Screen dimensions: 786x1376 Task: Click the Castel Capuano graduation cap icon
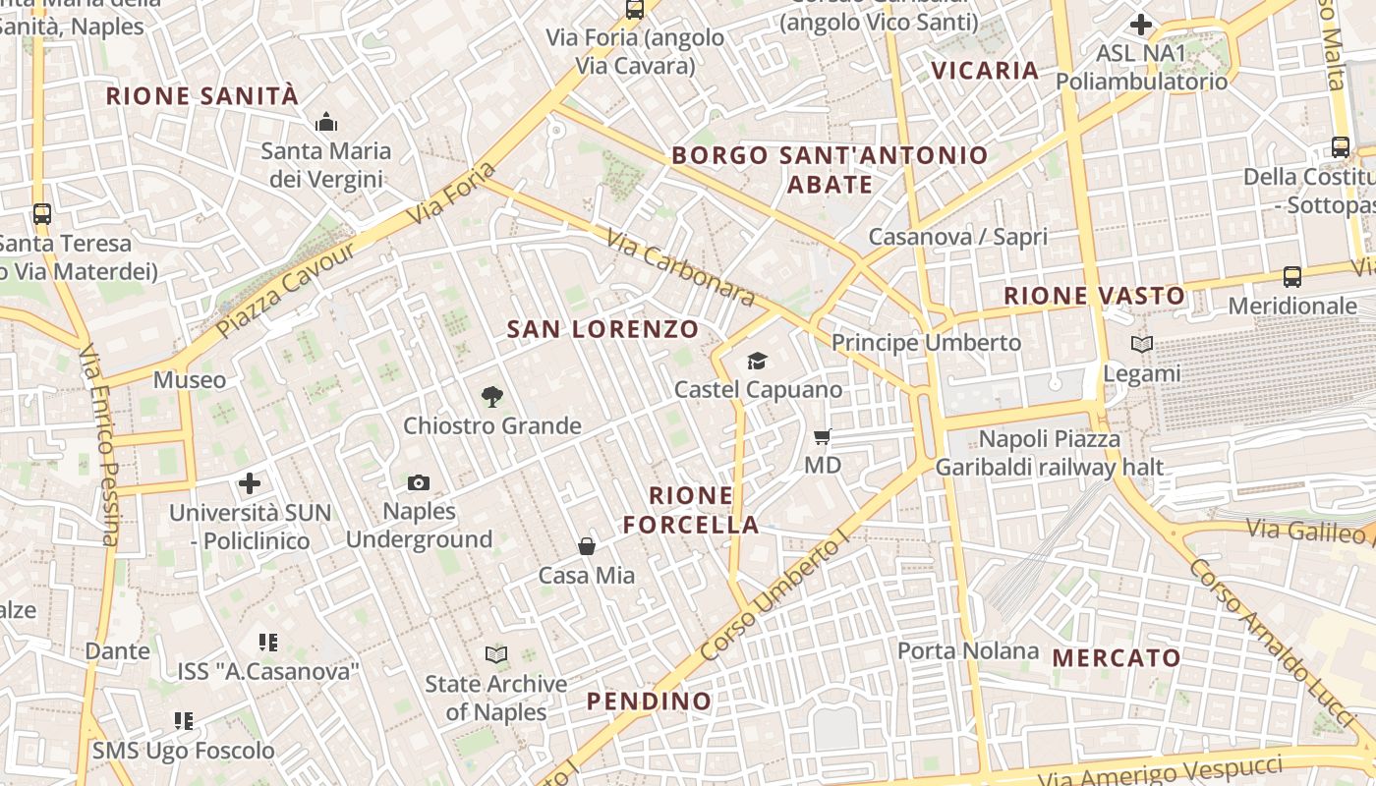pos(757,361)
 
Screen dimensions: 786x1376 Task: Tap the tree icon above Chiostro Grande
pos(492,397)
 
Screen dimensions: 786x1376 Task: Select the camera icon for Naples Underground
pos(419,482)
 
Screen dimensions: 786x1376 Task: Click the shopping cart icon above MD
pos(823,436)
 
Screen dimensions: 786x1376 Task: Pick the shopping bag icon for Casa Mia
pos(587,546)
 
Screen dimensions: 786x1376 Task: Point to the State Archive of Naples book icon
pos(496,654)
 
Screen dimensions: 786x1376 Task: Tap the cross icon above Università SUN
pos(250,483)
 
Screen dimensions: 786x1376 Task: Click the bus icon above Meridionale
pos(1291,277)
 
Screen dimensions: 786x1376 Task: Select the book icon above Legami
pos(1141,345)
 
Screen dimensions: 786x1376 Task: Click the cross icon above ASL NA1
pos(1141,25)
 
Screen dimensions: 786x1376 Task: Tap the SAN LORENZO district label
pos(602,329)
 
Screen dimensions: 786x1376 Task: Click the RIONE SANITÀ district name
pos(201,96)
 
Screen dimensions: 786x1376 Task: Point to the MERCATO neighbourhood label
pos(1117,658)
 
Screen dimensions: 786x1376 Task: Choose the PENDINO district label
pos(649,702)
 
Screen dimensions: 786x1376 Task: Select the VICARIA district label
pos(985,70)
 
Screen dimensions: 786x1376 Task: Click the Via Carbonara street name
pos(680,267)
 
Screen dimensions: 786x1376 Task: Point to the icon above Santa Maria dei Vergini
pos(325,123)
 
